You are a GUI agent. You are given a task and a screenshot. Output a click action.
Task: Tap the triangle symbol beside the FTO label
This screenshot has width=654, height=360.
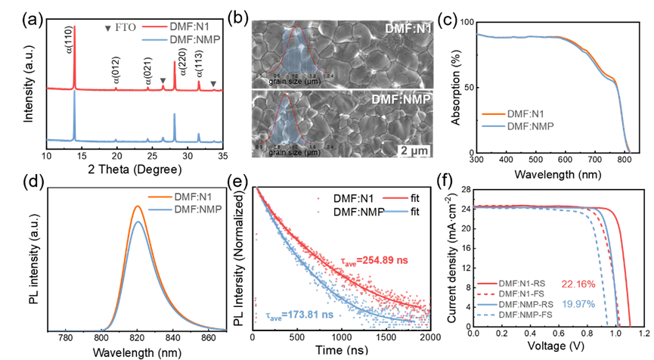click(107, 29)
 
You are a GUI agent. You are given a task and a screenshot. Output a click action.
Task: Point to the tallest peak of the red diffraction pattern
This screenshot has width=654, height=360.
click(75, 27)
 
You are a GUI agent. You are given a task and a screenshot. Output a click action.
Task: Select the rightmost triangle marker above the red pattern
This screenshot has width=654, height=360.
click(213, 84)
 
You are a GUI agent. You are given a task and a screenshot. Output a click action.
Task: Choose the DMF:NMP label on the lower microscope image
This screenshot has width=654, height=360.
click(399, 100)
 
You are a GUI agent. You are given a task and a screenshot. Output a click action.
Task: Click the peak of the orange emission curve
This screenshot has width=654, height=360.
click(137, 206)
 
